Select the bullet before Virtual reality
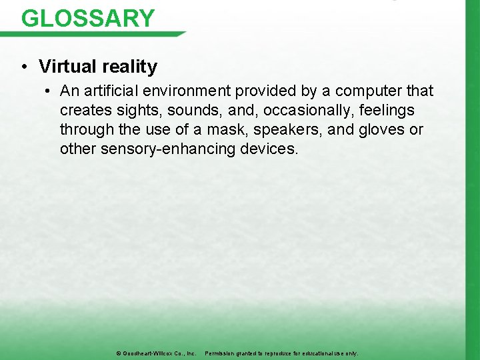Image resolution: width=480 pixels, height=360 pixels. click(x=23, y=67)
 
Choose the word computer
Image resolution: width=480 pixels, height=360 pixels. click(x=369, y=91)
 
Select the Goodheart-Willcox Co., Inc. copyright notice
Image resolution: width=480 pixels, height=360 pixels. click(x=156, y=353)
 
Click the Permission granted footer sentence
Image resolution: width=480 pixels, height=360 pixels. click(x=281, y=353)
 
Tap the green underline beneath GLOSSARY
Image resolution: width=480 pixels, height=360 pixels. click(x=100, y=34)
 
